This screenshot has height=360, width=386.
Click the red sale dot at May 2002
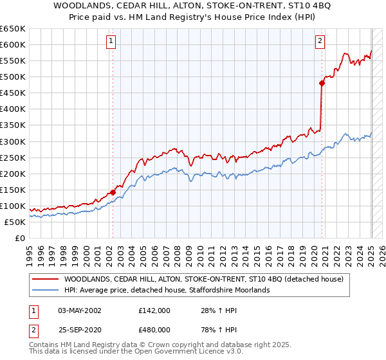[x=113, y=192]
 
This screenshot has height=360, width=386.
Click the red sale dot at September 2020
[x=322, y=82]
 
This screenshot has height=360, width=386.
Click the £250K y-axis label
[x=12, y=157]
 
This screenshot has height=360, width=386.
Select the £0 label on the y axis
[x=19, y=238]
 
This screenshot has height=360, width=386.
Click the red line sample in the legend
[x=45, y=279]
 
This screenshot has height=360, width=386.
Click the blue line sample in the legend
[x=45, y=290]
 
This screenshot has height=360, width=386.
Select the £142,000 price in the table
[x=154, y=310]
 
